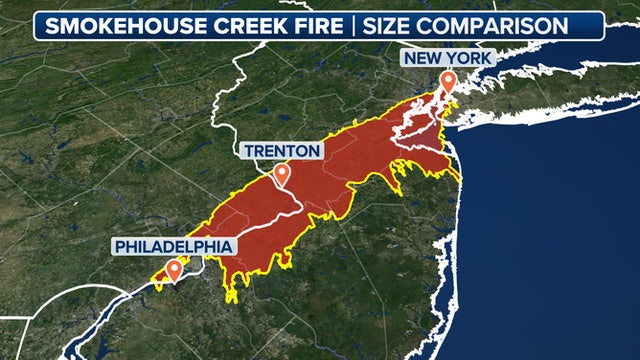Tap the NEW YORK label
[447, 58]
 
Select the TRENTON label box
[282, 151]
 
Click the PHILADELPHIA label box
[174, 246]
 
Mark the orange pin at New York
[448, 81]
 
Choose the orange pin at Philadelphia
[174, 269]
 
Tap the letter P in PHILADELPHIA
[121, 246]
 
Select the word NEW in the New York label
[422, 58]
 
